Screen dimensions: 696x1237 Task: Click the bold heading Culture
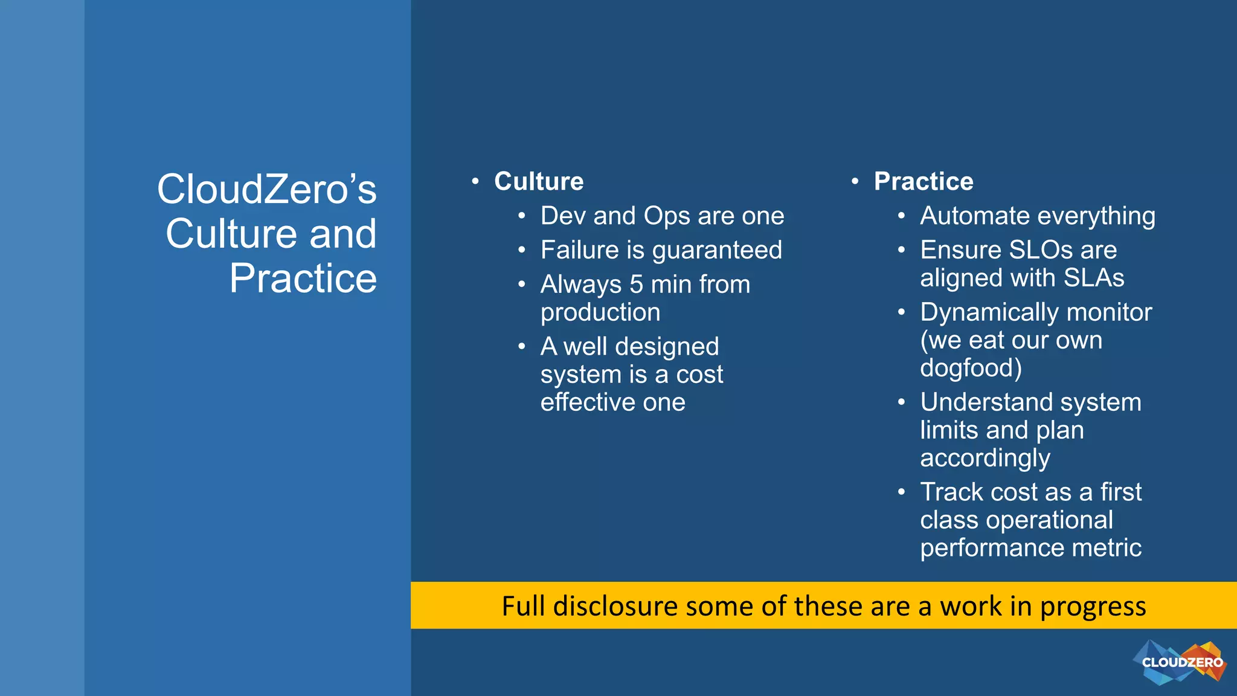[x=539, y=181]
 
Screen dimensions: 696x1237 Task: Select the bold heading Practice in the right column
[x=924, y=181]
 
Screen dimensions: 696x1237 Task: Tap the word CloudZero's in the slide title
[x=266, y=189]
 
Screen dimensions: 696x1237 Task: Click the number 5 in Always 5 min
[x=636, y=285]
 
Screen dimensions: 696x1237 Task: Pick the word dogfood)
[x=971, y=368]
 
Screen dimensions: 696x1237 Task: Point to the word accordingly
[x=985, y=458]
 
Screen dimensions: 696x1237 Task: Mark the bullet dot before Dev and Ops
[x=521, y=216]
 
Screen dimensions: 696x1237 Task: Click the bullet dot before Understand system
[x=901, y=402]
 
